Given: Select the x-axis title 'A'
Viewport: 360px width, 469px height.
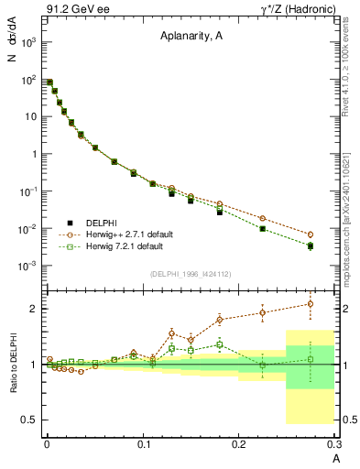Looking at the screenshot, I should pos(334,458).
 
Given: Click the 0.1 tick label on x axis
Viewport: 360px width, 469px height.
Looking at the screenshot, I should pos(143,445).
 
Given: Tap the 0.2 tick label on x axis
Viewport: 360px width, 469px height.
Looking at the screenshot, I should pos(239,445).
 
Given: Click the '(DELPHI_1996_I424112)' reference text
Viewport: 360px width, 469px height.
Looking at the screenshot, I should pos(191,273).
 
